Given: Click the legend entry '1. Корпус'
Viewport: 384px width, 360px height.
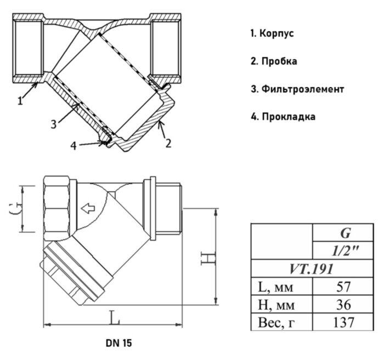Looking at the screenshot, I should pyautogui.click(x=272, y=33).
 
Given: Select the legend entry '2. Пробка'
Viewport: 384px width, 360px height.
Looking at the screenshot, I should pyautogui.click(x=274, y=61).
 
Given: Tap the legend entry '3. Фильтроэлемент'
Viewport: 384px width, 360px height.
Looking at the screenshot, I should pyautogui.click(x=297, y=89).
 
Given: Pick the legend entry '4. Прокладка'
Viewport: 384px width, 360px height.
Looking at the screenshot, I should pyautogui.click(x=283, y=117).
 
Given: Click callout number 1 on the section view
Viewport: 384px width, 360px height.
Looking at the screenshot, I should pyautogui.click(x=20, y=100).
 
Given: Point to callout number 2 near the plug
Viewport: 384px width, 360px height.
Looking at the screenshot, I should pyautogui.click(x=168, y=144).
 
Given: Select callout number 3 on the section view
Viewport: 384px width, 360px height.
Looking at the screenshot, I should pyautogui.click(x=53, y=124).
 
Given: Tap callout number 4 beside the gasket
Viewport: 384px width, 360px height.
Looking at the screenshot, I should pyautogui.click(x=74, y=146).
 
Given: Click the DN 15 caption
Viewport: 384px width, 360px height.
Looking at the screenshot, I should pyautogui.click(x=119, y=344).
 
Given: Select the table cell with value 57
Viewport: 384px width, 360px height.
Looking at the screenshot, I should pyautogui.click(x=345, y=286).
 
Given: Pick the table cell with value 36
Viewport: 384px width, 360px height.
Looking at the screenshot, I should pyautogui.click(x=345, y=304).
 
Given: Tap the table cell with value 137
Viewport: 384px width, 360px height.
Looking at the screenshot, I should pyautogui.click(x=345, y=322).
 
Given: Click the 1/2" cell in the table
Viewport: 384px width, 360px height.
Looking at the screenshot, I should pyautogui.click(x=345, y=251).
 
